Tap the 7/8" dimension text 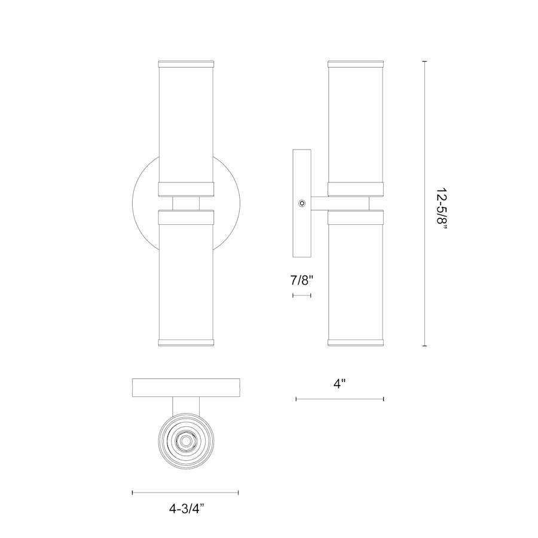pos(301,280)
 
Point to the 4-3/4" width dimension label pos(185,509)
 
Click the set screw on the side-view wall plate pos(302,204)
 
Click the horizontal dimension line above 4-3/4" pos(185,493)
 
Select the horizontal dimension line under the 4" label pos(340,399)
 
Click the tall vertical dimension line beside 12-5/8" pos(425,203)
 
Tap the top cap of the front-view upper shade pos(185,63)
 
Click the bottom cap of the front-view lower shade pos(185,343)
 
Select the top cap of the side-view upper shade pos(356,63)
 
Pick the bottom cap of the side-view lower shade pos(356,343)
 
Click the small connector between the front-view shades pos(185,203)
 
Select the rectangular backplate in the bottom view pos(185,387)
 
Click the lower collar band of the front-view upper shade pos(185,189)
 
